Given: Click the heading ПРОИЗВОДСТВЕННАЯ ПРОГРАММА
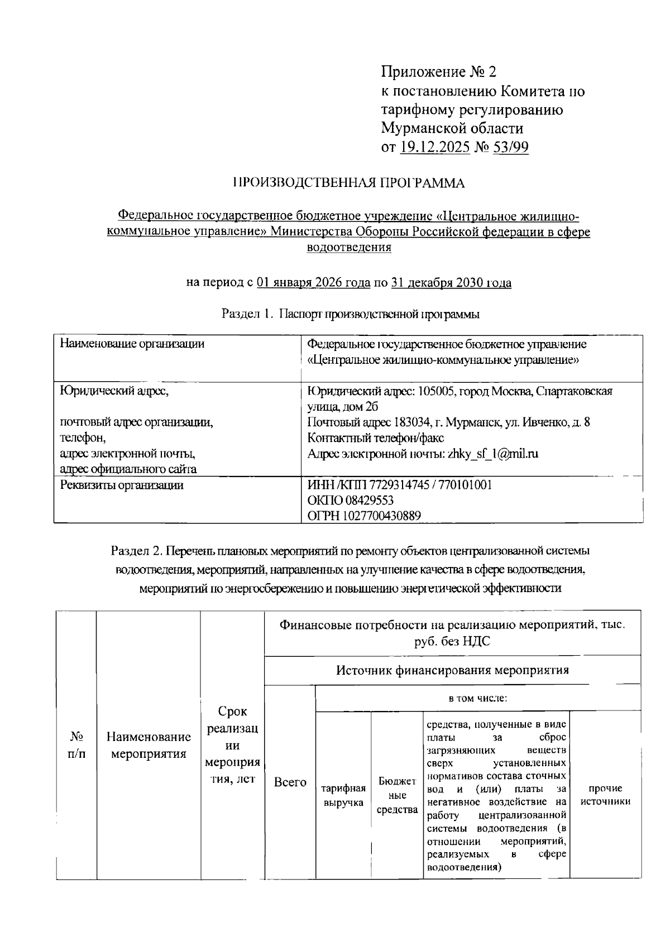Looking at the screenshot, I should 348,183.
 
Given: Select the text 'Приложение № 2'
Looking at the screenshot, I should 438,72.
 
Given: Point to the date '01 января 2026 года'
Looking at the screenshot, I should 313,283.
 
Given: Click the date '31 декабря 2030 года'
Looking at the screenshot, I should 451,283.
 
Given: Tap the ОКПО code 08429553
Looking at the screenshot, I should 366,501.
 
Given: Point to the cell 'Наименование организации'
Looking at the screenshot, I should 132,344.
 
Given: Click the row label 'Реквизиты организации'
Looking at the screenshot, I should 122,485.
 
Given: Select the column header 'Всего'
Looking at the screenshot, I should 290,782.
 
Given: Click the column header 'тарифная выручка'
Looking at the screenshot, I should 343,795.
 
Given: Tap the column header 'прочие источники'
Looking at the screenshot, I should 606,795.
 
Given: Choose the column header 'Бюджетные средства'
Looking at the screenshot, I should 397,795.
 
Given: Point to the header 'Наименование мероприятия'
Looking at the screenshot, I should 149,746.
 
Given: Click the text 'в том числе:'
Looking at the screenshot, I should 477,698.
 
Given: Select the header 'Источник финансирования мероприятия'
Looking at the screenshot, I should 452,670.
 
